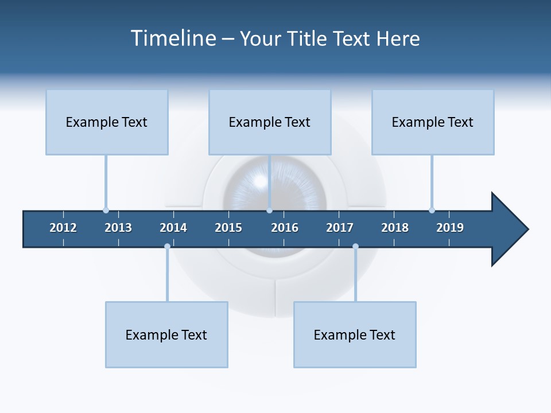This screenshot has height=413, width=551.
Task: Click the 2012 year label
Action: point(63,228)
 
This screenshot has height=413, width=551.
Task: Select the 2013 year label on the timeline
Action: point(118,228)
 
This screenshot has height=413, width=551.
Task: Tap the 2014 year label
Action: point(173,228)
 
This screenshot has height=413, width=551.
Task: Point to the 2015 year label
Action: point(228,228)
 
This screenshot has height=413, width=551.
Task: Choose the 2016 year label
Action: point(285,228)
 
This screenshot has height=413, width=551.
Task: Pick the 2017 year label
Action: point(340,228)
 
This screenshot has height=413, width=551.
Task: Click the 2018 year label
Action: point(395,228)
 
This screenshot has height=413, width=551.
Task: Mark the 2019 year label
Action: point(450,228)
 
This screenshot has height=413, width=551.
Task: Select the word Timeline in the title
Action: point(173,38)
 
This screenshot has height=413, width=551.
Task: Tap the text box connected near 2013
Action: point(107,122)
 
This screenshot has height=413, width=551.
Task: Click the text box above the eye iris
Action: point(270,122)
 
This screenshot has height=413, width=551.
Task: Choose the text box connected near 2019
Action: point(433,122)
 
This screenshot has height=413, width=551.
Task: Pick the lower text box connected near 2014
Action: point(166,335)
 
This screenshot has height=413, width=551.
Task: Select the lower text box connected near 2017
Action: point(355,335)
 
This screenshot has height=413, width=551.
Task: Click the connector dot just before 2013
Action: point(106,210)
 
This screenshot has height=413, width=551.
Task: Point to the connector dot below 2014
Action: point(167,247)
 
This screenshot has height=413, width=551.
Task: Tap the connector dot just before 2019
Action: point(432,210)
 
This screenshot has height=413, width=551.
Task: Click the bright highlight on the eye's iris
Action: point(260,181)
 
